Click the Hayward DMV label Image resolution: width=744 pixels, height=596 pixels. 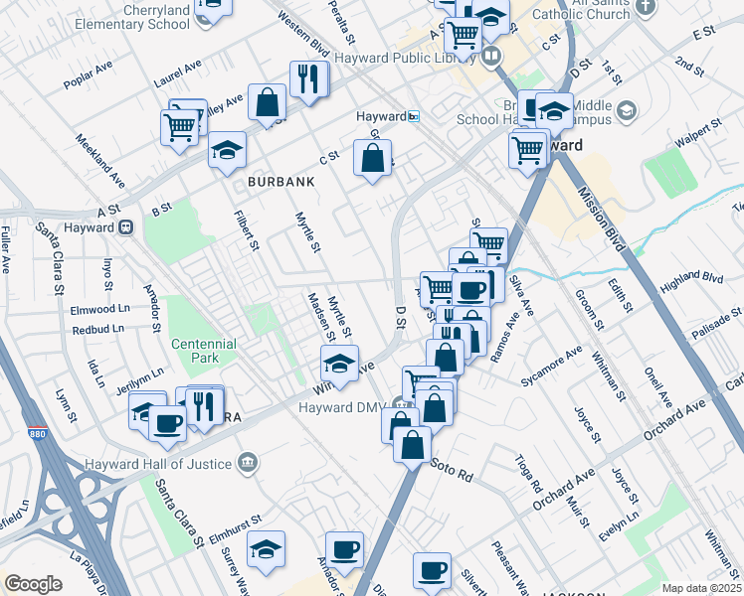[x=341, y=407]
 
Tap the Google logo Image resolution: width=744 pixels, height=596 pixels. [x=33, y=584]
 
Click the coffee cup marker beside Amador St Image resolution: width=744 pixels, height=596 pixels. [x=345, y=548]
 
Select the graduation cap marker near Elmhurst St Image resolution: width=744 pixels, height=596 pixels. [x=267, y=549]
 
